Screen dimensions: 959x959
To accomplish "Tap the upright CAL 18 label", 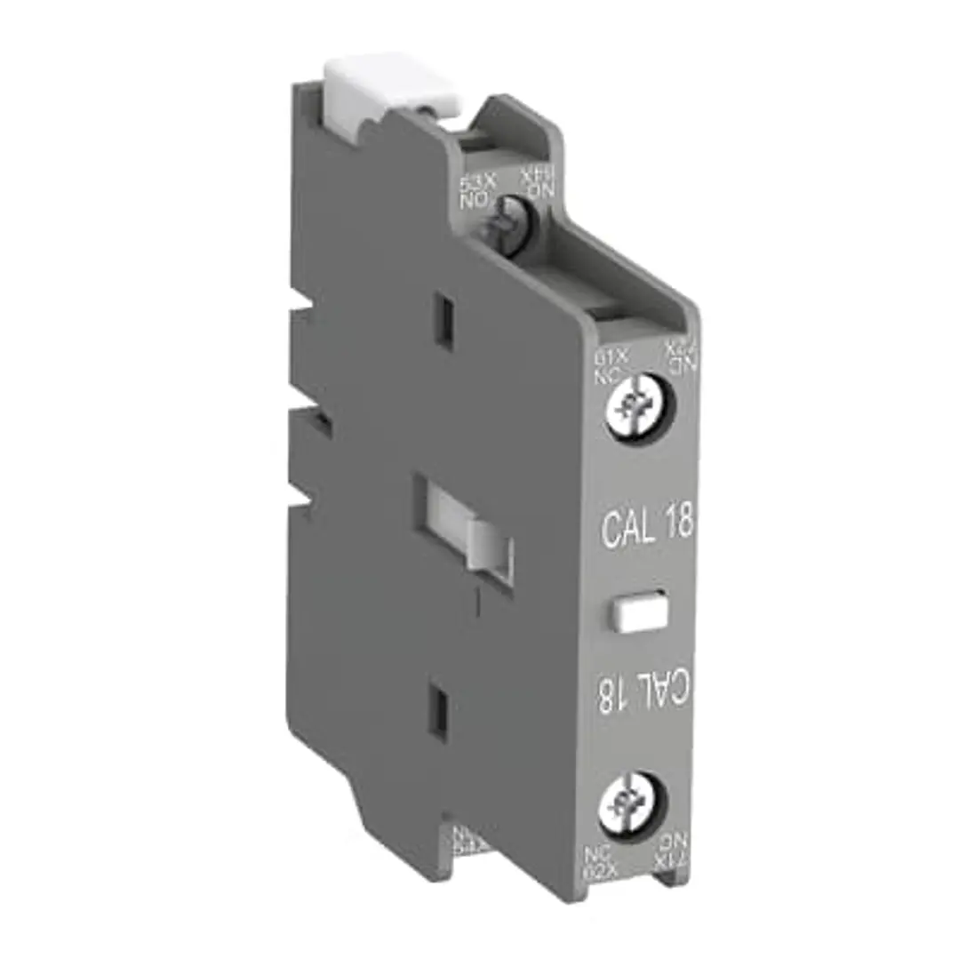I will click(647, 527).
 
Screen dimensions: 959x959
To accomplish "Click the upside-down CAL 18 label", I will click(646, 694).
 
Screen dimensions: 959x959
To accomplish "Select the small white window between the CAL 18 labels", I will click(639, 611).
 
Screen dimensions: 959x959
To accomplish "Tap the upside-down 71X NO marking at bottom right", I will click(672, 847).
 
